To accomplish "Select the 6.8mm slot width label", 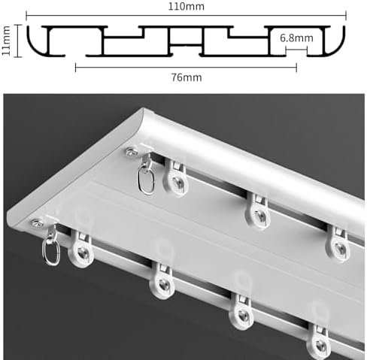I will point(296,38).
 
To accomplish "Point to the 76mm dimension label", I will point(184,75).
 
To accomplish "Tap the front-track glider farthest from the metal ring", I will point(320,340).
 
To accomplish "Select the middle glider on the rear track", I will point(259,210).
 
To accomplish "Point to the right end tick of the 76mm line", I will point(296,67).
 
